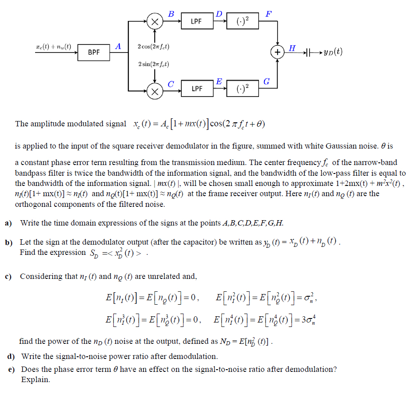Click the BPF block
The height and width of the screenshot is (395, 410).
pyautogui.click(x=94, y=52)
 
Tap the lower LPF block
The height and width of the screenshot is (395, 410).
pyautogui.click(x=196, y=89)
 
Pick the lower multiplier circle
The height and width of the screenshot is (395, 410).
pyautogui.click(x=154, y=92)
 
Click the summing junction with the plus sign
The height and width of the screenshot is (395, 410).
pyautogui.click(x=278, y=52)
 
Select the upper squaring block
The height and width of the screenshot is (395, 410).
pyautogui.click(x=242, y=21)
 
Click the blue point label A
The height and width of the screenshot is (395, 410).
pyautogui.click(x=118, y=46)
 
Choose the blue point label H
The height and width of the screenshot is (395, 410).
pyautogui.click(x=292, y=48)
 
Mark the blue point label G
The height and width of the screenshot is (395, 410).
pyautogui.click(x=267, y=81)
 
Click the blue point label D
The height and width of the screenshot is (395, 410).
pyautogui.click(x=219, y=13)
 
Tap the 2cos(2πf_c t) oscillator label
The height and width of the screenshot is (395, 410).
pyautogui.click(x=153, y=47)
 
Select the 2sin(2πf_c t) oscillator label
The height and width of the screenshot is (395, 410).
pyautogui.click(x=153, y=64)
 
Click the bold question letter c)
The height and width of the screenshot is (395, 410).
pyautogui.click(x=8, y=276)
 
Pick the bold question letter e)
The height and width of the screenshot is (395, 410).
pyautogui.click(x=11, y=369)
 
